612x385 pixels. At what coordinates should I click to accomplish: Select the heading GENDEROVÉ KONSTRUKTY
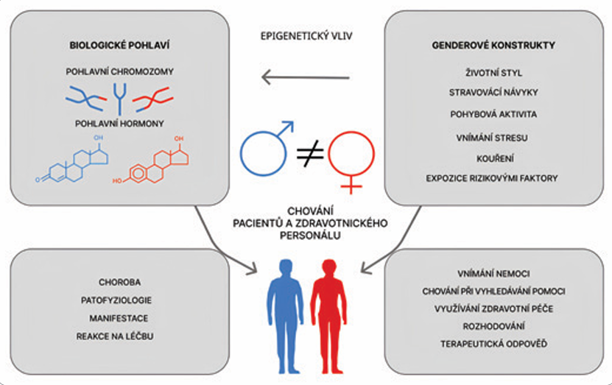tap(493, 46)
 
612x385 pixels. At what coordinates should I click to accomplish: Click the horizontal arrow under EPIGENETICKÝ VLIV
tap(306, 76)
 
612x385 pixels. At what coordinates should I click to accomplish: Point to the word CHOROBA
tap(119, 281)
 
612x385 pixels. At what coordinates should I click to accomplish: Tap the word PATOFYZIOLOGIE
tap(119, 300)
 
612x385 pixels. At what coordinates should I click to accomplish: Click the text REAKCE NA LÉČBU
tap(119, 336)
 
